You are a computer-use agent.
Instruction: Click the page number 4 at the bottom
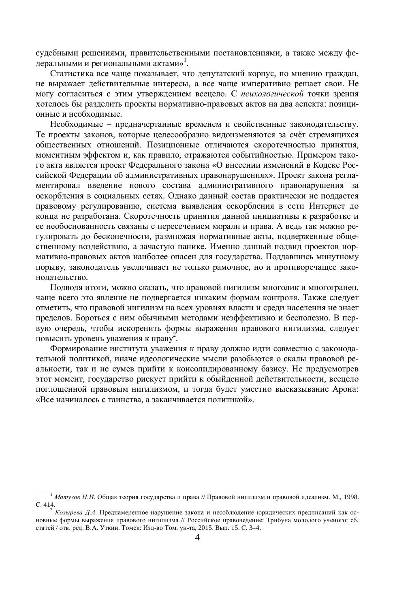coord(197,538)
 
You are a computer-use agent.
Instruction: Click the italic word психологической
coord(272,94)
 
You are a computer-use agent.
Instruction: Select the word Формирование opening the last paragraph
coord(75,349)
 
